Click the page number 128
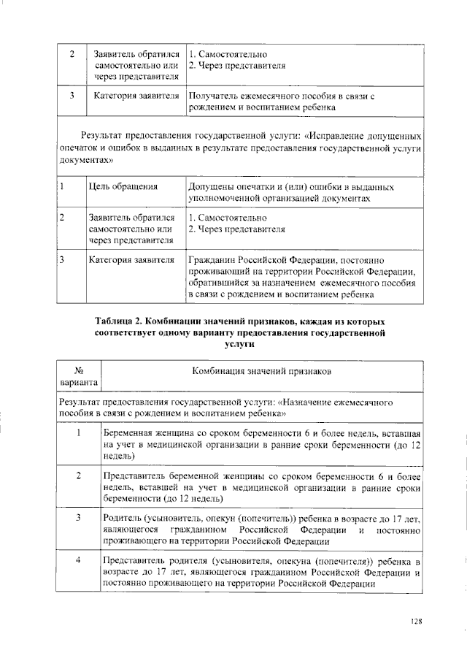pos(416,622)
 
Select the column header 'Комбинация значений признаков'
pos(261,371)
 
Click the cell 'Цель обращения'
pos(123,186)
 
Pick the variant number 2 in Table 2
pos(79,475)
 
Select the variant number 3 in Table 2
pos(79,518)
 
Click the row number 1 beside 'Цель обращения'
pos(63,186)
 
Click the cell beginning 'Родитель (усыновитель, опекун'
pos(260,529)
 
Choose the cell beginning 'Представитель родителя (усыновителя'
pos(260,572)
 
